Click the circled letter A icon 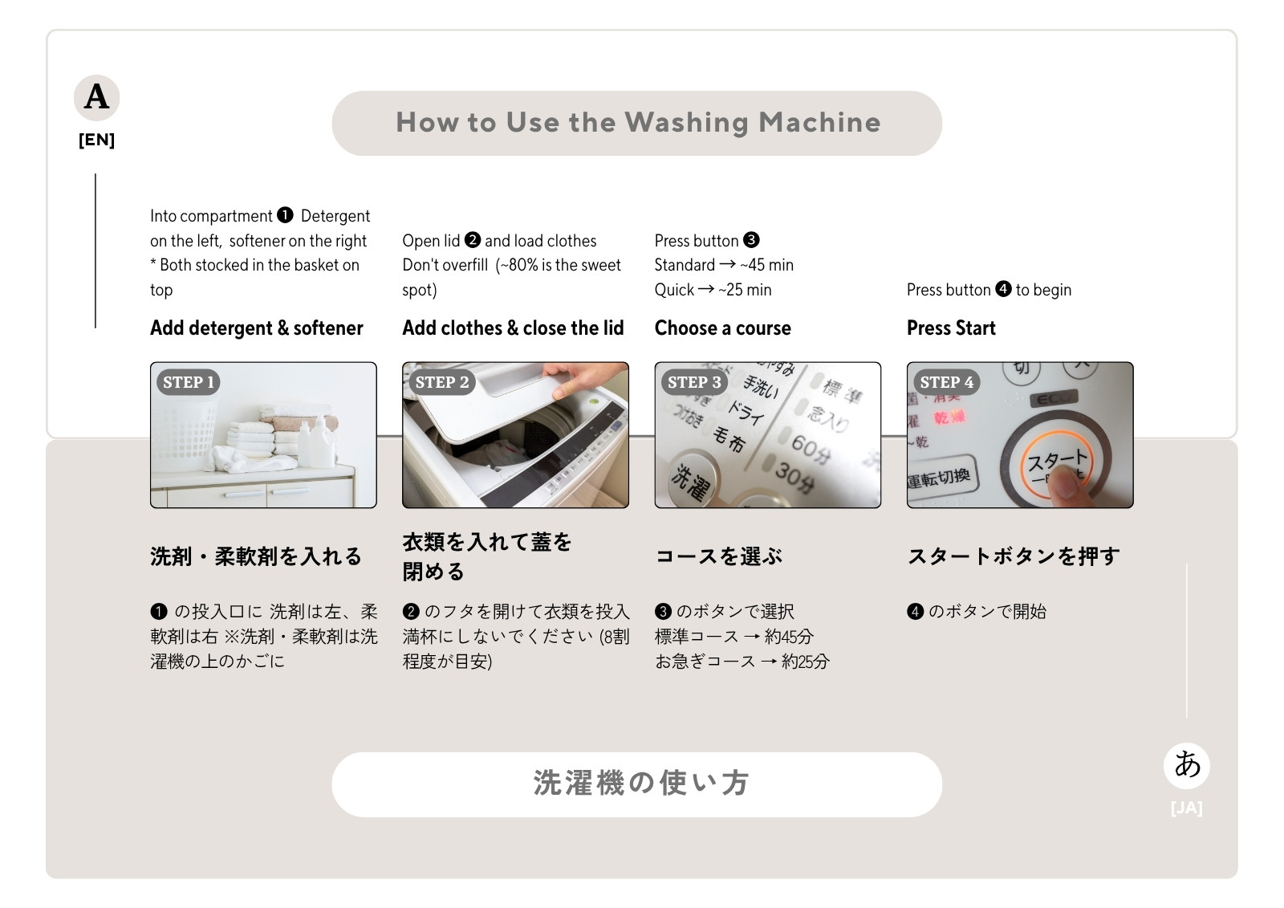[x=96, y=97]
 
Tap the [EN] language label [x=96, y=140]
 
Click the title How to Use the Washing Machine [x=637, y=123]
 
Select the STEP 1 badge [x=189, y=382]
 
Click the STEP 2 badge [x=441, y=382]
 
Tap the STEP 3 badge [x=694, y=382]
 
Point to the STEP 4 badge [x=946, y=382]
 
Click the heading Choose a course [x=722, y=328]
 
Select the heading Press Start [x=951, y=328]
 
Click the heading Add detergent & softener [x=256, y=328]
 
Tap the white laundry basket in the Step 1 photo [x=185, y=430]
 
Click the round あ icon [x=1187, y=766]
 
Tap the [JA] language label [x=1187, y=808]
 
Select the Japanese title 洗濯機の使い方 [x=641, y=784]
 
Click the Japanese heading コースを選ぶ [x=718, y=556]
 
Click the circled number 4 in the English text [x=1003, y=288]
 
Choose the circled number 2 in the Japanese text [x=411, y=612]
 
